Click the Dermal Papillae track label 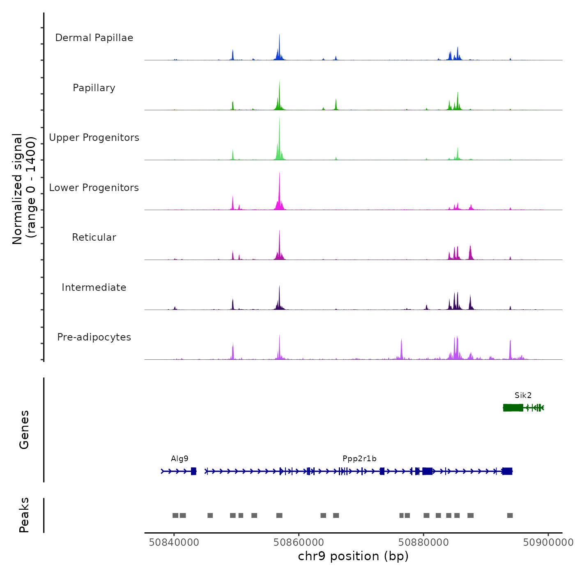[94, 38]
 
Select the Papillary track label [94, 88]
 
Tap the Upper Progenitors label [94, 138]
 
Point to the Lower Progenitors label [94, 188]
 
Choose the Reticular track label [94, 237]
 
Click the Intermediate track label [94, 287]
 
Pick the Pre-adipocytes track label [94, 337]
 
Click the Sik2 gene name [523, 396]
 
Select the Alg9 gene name [179, 459]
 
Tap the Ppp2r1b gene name [359, 459]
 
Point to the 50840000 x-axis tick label [174, 543]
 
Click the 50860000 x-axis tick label [299, 543]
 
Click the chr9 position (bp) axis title [353, 556]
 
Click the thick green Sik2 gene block [513, 407]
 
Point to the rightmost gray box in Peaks [510, 515]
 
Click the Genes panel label [24, 430]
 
